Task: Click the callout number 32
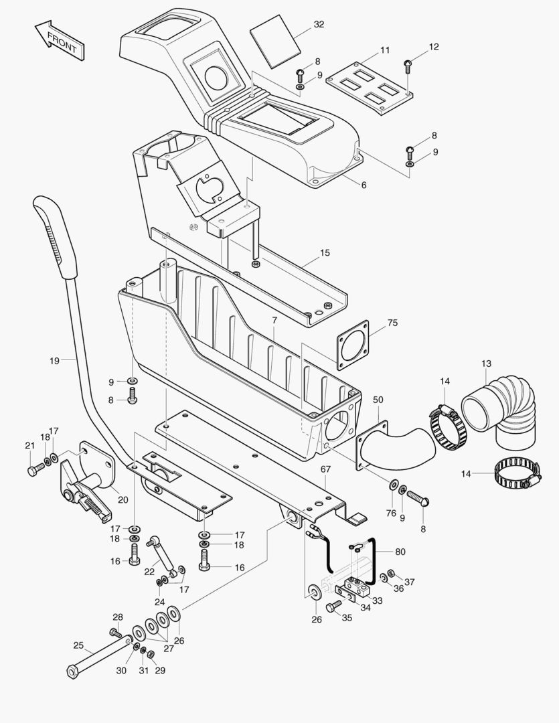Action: coord(319,25)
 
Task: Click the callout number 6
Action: coord(364,185)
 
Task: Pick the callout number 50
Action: coord(378,400)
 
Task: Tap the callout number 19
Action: coord(54,360)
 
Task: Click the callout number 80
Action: coord(400,552)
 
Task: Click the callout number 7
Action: coord(274,321)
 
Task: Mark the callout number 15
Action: coord(325,253)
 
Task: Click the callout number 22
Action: coord(149,571)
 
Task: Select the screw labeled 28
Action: coord(114,632)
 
